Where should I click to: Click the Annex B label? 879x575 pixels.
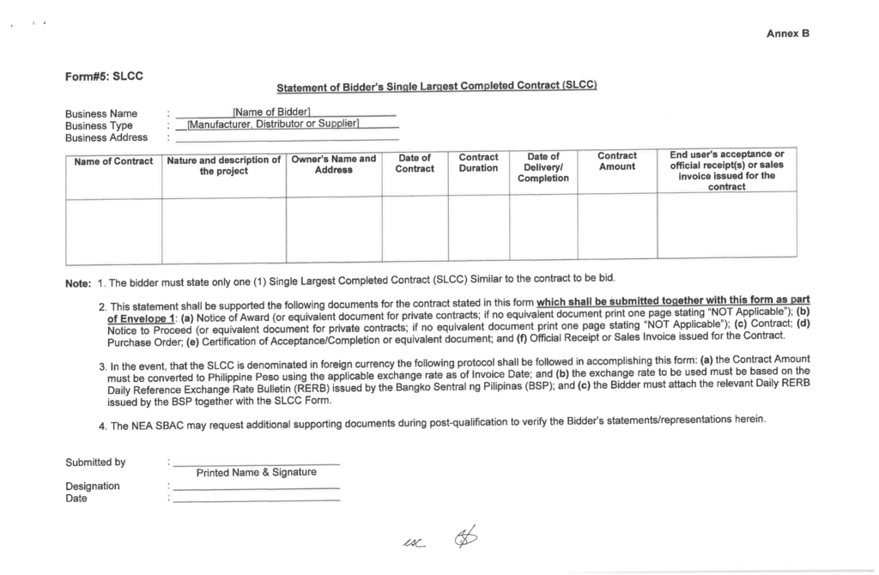click(788, 33)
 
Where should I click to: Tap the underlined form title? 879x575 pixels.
click(435, 87)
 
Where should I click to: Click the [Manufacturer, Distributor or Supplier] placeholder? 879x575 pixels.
click(272, 125)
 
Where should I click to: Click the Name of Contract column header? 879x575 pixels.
click(113, 161)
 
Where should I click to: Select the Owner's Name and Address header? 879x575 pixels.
click(333, 164)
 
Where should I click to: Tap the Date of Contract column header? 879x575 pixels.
click(415, 163)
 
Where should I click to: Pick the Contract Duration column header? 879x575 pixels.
click(478, 162)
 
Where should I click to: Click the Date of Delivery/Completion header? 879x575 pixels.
click(543, 167)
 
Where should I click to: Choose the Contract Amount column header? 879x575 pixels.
click(616, 161)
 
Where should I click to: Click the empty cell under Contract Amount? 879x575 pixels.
click(616, 227)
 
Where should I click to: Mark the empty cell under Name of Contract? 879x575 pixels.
click(113, 227)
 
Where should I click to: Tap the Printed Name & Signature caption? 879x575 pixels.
click(257, 472)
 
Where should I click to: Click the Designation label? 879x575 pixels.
click(92, 486)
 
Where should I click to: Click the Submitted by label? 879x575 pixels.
click(95, 463)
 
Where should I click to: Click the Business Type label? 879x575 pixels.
click(99, 125)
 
